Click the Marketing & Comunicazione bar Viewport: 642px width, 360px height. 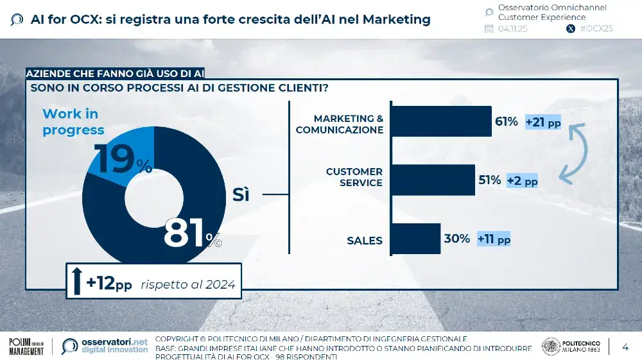(x=440, y=121)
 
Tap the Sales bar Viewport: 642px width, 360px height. (x=415, y=239)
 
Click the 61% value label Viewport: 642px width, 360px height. (x=506, y=121)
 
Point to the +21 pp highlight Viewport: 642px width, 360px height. (x=542, y=122)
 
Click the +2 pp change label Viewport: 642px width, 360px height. (x=522, y=181)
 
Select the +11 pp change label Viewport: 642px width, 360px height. (x=494, y=239)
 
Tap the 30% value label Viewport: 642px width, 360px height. (x=456, y=239)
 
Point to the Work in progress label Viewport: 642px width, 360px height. (x=73, y=122)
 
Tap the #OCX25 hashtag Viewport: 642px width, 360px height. (x=596, y=29)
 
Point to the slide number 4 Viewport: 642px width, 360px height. (x=625, y=347)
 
